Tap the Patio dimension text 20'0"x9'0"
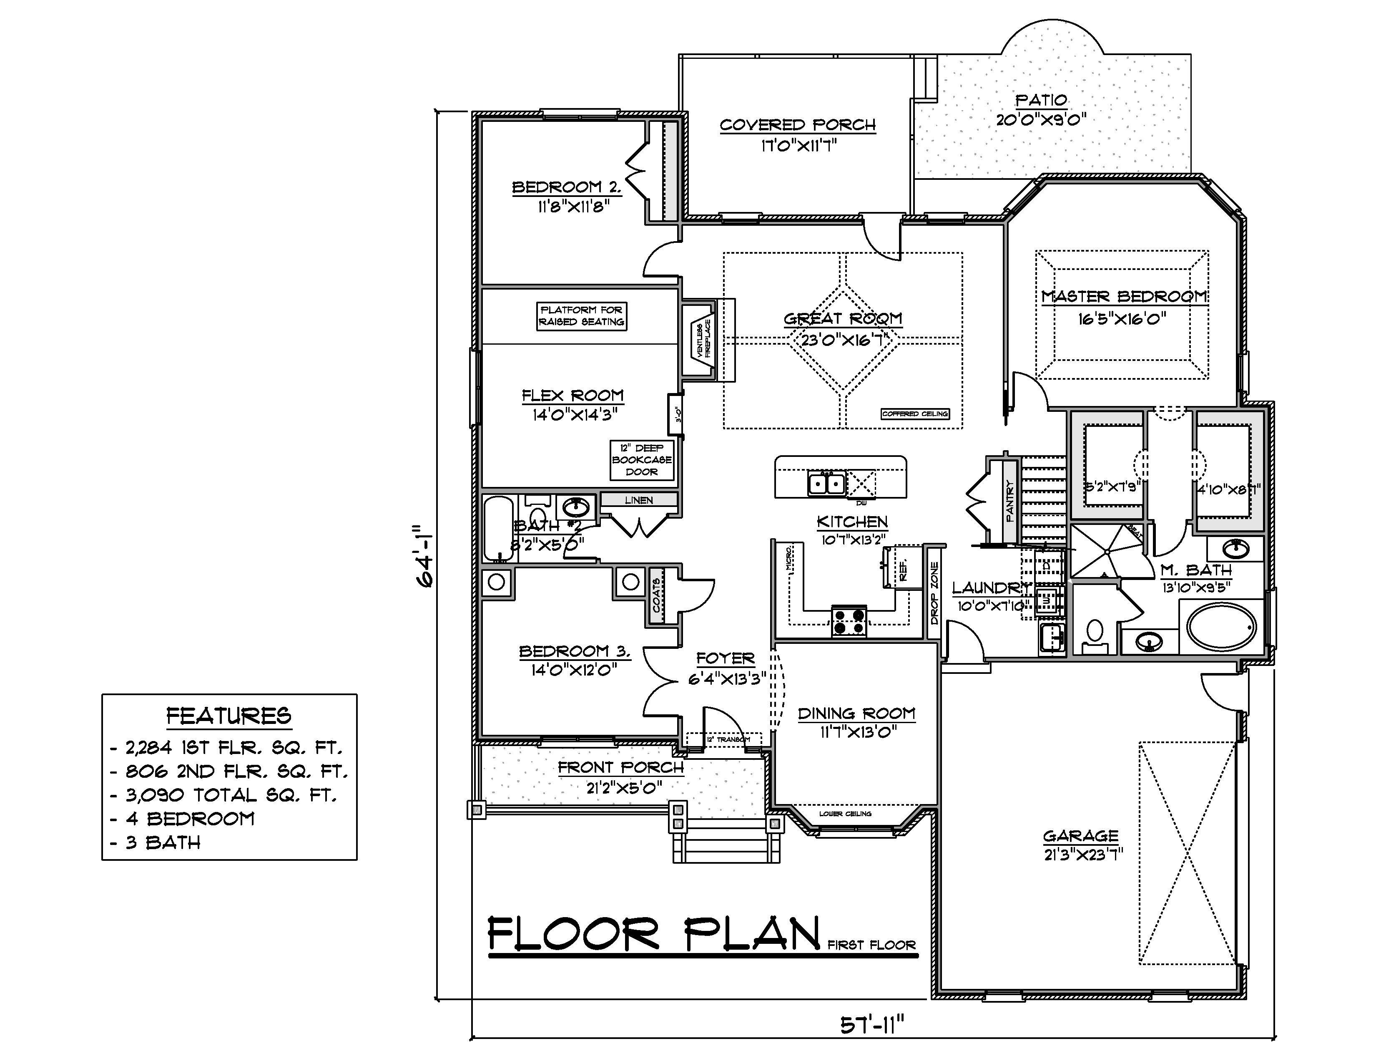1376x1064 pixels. point(1041,120)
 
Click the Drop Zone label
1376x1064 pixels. point(934,593)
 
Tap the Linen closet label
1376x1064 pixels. point(639,500)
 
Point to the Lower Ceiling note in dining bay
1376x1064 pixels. point(845,814)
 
